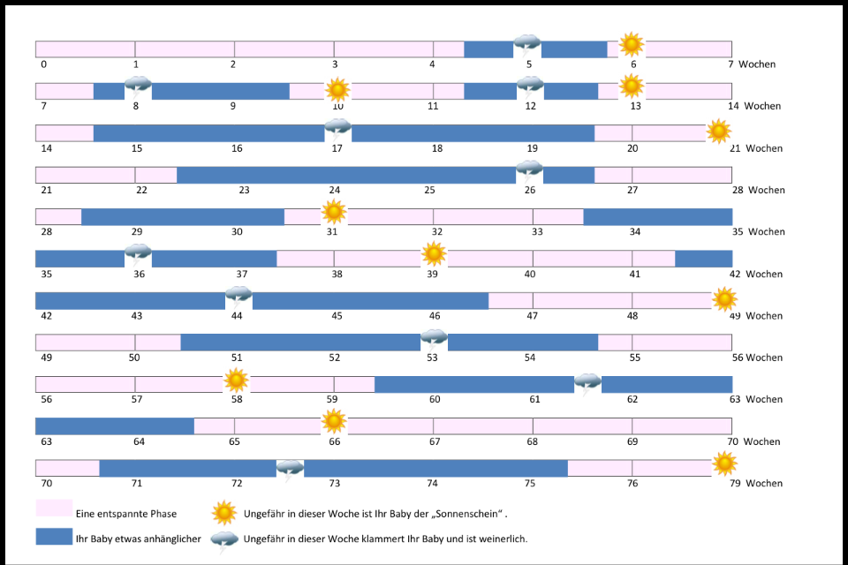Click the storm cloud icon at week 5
[x=527, y=45]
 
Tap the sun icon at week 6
[x=631, y=44]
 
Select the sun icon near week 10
[x=337, y=89]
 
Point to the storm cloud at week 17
[x=337, y=130]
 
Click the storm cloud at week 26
[x=529, y=171]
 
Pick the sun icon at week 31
[x=333, y=212]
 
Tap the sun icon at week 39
[x=434, y=254]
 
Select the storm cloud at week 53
[x=434, y=339]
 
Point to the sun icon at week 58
[x=236, y=380]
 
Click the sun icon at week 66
[x=333, y=422]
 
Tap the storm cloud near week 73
[x=290, y=470]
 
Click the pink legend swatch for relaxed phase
[x=53, y=508]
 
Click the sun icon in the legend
[x=224, y=512]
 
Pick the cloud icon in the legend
[x=224, y=539]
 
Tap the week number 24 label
[x=335, y=190]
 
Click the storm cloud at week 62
[x=587, y=384]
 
